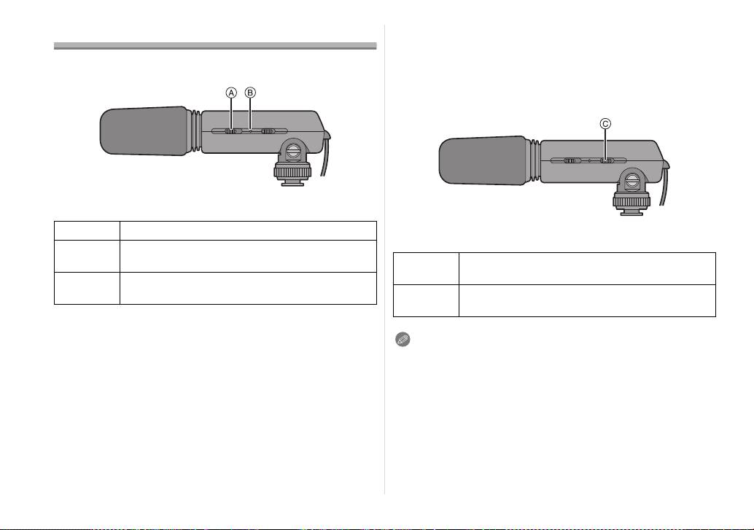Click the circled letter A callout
coord(231,93)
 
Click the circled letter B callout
coord(250,93)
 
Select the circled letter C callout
coord(605,124)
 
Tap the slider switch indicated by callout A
coord(231,130)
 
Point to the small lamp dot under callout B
coord(250,130)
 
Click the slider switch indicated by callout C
coord(606,160)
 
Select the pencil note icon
coord(403,340)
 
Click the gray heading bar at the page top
coord(215,46)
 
